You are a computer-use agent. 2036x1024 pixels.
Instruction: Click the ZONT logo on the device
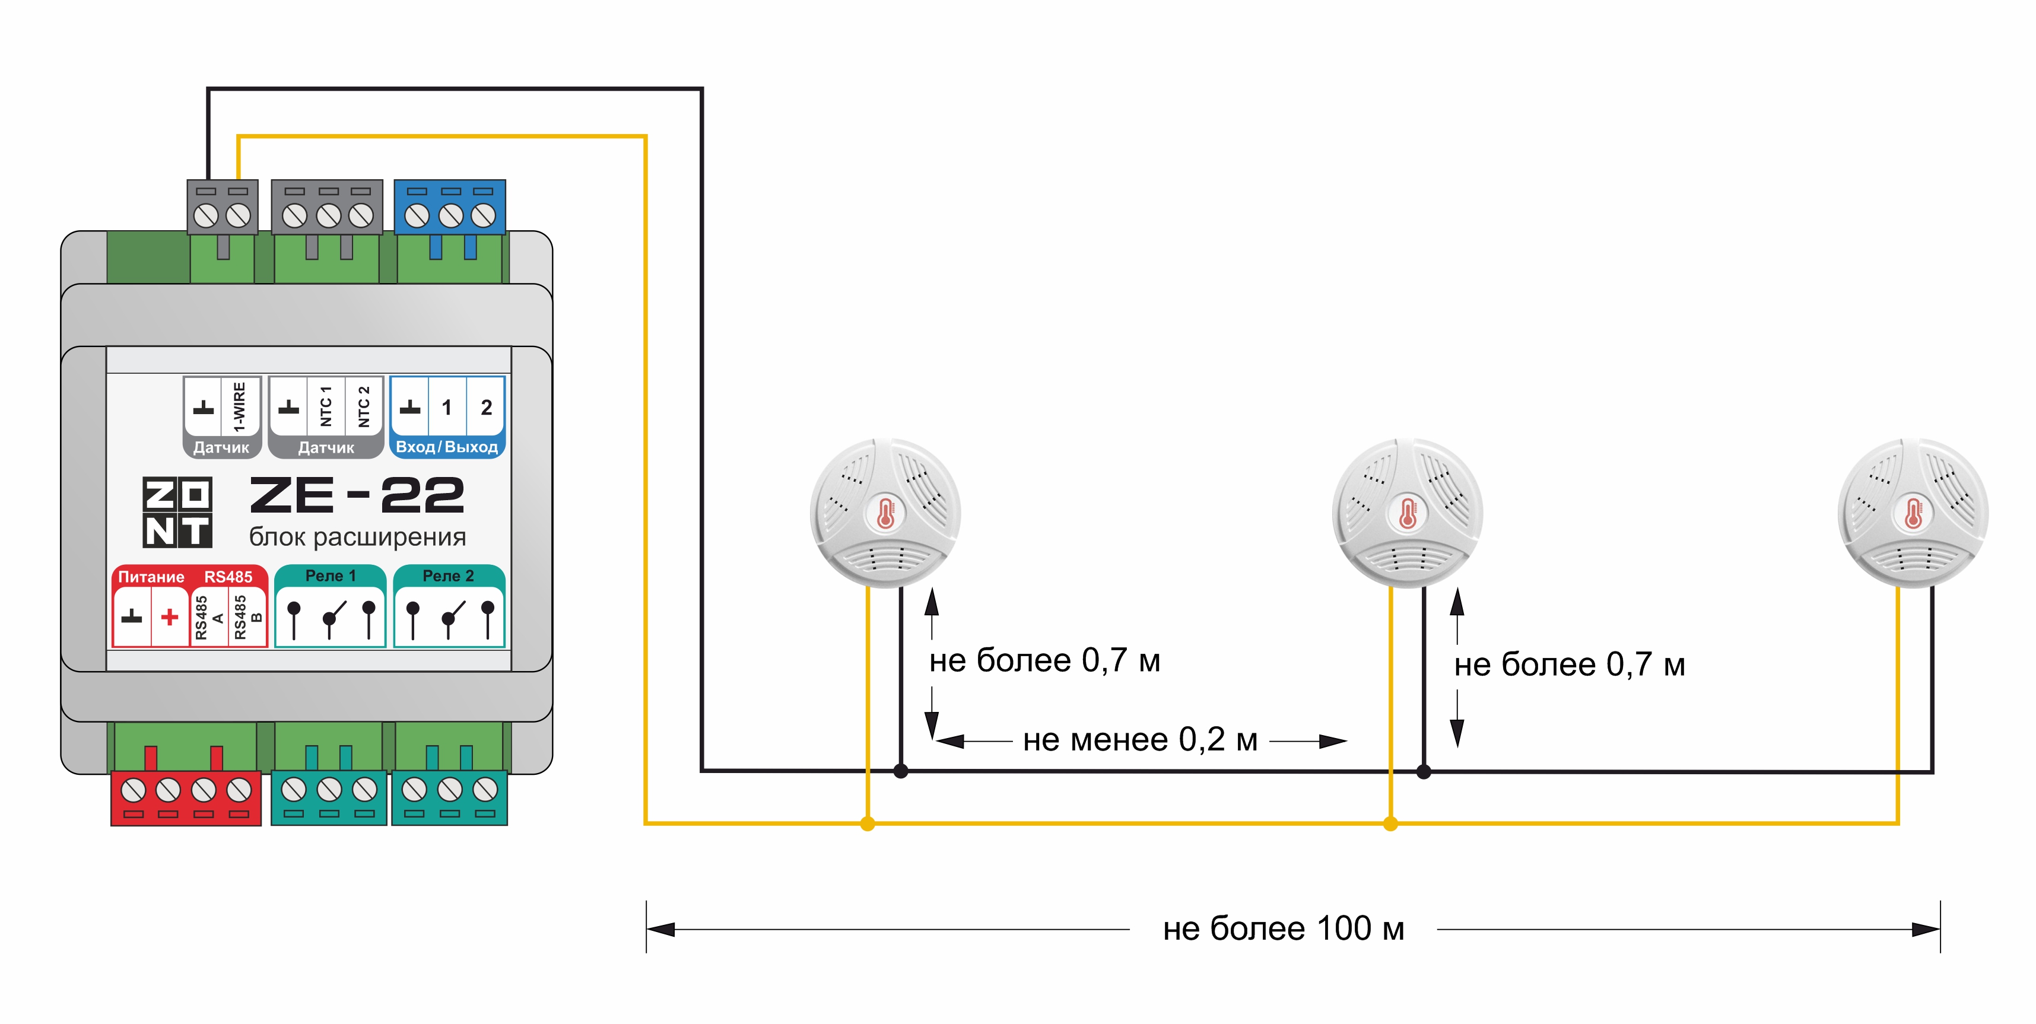click(x=177, y=512)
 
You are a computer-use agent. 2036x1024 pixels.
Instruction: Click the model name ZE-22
click(x=357, y=495)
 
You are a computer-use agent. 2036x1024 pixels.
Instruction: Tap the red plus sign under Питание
click(x=169, y=617)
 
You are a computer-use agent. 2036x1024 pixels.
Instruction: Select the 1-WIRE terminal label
click(x=239, y=406)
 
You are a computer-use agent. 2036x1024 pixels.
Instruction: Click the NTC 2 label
click(x=364, y=406)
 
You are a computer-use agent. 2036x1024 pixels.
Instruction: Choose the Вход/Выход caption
click(x=447, y=447)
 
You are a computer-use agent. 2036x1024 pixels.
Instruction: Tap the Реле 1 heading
click(x=331, y=576)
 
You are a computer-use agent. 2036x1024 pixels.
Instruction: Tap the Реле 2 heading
click(x=448, y=576)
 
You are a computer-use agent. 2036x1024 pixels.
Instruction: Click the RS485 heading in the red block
click(x=228, y=577)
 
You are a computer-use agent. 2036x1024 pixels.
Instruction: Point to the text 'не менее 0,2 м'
click(x=1140, y=740)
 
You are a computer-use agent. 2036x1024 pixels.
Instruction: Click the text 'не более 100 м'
click(x=1284, y=929)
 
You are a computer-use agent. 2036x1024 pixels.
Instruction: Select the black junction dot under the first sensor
click(x=900, y=771)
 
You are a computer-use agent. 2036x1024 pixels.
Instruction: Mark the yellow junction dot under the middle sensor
click(x=1390, y=824)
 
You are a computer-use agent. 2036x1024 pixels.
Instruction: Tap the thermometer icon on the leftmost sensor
click(x=885, y=514)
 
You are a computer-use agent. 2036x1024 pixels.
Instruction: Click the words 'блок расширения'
click(x=357, y=538)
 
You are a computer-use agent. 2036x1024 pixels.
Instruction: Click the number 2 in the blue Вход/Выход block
click(x=486, y=408)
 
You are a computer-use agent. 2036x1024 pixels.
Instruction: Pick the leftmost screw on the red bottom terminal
click(x=133, y=789)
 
